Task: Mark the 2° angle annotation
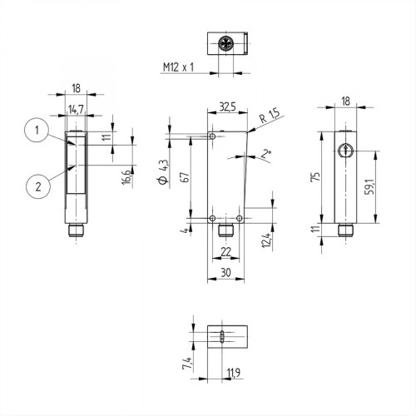265,153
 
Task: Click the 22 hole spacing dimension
225,252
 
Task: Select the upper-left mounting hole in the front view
214,136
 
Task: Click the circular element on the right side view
345,150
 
